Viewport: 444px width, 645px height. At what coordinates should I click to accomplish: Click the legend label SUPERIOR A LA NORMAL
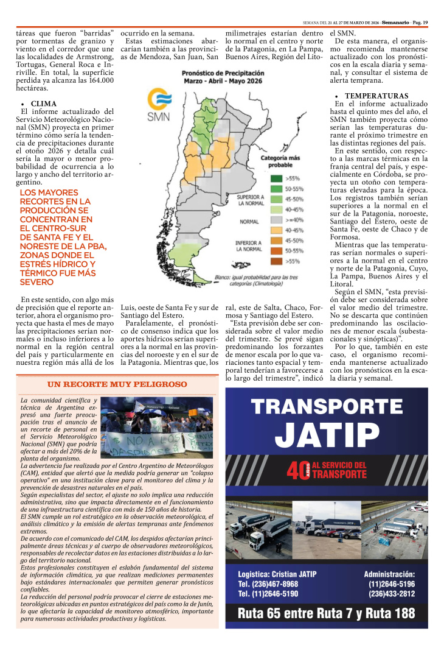tap(250, 200)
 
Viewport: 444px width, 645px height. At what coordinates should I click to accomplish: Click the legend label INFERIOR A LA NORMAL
tap(250, 245)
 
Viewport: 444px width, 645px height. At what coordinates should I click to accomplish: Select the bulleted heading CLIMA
tap(44, 104)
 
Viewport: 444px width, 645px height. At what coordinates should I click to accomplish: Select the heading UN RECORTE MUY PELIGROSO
tap(117, 385)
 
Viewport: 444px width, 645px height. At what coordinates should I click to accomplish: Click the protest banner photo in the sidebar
tap(157, 427)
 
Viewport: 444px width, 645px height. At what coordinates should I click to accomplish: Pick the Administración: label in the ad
tap(389, 574)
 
